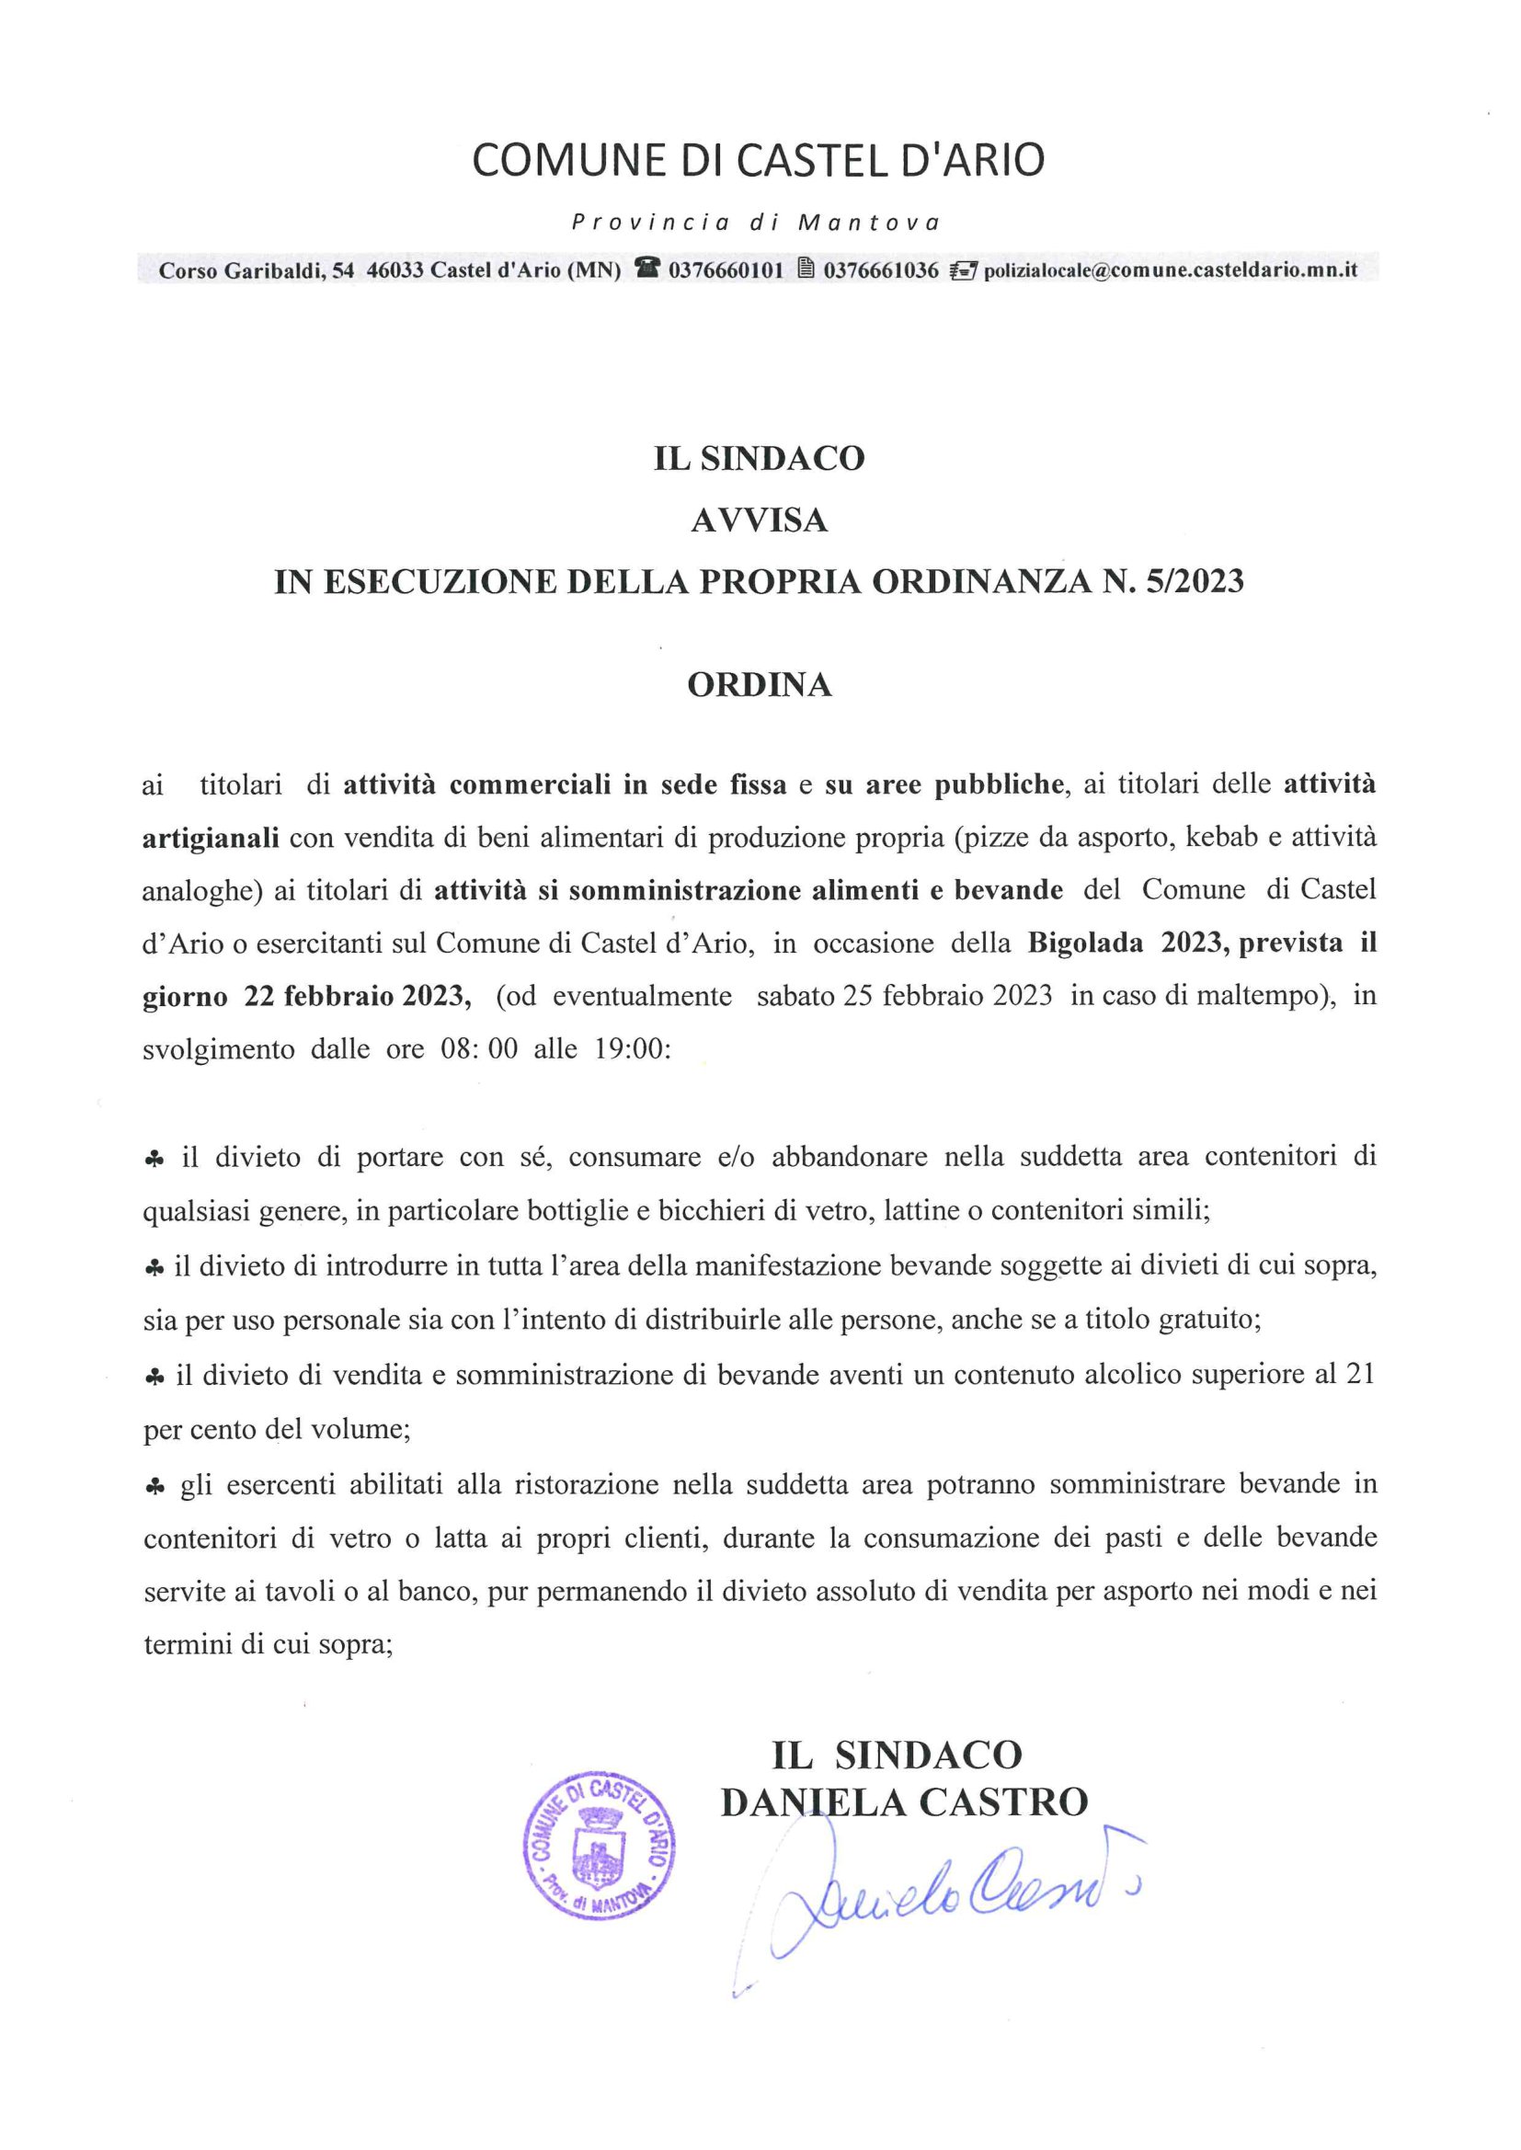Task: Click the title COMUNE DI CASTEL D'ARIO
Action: pos(758,161)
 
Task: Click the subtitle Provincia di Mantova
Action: pos(756,223)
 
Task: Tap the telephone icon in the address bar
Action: pos(646,269)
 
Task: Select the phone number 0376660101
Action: pos(726,270)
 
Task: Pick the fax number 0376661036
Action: pos(881,270)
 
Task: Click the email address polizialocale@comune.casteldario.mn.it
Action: pos(1171,270)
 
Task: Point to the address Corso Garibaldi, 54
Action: pos(257,270)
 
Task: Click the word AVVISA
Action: pos(759,520)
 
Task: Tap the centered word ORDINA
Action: pos(759,685)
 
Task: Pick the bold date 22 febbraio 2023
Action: pos(358,995)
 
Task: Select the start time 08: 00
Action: pos(478,1048)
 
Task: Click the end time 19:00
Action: pos(631,1048)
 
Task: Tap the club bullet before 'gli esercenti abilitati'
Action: pos(155,1485)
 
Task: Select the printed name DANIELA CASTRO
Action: pos(904,1801)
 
